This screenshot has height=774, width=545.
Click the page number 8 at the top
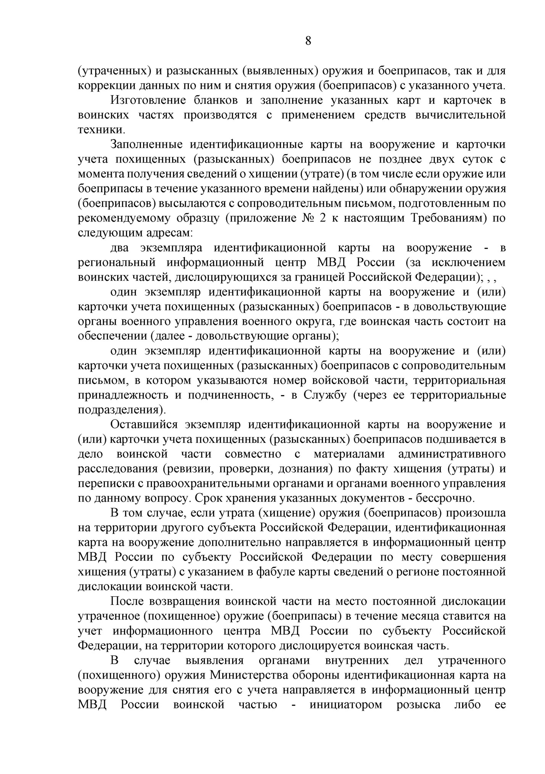[x=308, y=41]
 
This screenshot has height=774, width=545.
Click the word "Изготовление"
[x=148, y=100]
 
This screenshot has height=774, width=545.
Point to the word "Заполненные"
[x=145, y=145]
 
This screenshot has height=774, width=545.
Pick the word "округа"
[x=313, y=321]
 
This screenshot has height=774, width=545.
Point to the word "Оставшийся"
[x=142, y=424]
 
